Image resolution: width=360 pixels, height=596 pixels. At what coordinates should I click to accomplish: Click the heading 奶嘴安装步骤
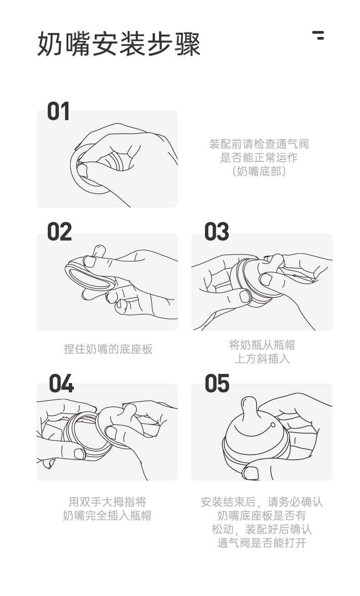[x=118, y=44]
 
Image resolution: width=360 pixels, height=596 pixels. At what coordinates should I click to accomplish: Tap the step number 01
[x=58, y=111]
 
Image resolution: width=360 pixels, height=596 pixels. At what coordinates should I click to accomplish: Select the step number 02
[x=59, y=232]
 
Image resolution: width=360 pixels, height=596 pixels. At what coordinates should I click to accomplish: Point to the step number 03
[x=216, y=232]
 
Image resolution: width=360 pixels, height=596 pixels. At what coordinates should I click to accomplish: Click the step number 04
[x=61, y=383]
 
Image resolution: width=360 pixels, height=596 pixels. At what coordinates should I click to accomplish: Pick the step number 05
[x=217, y=383]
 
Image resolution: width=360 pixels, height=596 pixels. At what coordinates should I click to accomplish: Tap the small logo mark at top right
[x=318, y=36]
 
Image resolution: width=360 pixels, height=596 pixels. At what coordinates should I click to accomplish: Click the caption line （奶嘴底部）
[x=259, y=171]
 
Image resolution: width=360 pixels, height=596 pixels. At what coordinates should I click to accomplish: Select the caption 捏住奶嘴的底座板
[x=108, y=349]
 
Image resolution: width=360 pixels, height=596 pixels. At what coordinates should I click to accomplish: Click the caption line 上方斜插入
[x=262, y=359]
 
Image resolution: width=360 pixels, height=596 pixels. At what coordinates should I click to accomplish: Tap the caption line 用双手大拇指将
[x=108, y=502]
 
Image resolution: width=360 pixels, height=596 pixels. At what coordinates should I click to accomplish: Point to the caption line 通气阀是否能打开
[x=262, y=543]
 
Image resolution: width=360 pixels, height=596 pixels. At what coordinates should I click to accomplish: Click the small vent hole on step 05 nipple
[x=273, y=425]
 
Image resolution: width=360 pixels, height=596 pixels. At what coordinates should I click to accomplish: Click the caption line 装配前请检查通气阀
[x=259, y=144]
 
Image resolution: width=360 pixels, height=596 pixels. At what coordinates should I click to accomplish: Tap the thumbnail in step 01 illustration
[x=82, y=170]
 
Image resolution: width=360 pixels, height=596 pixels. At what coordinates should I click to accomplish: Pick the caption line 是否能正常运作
[x=259, y=157]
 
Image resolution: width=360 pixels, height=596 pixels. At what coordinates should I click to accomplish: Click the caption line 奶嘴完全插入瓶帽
[x=108, y=516]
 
